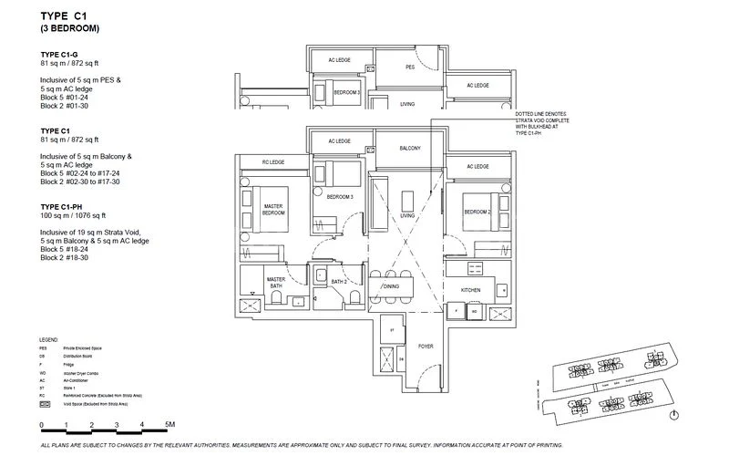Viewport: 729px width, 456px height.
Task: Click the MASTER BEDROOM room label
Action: [x=273, y=211]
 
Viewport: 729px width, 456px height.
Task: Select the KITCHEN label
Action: [x=471, y=289]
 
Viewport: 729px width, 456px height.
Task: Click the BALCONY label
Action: [x=409, y=148]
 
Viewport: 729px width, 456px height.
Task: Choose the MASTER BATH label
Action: [x=276, y=283]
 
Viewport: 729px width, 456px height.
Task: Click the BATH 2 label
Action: [x=338, y=282]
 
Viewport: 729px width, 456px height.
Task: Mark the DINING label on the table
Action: [x=391, y=287]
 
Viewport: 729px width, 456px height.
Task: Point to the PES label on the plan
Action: [x=410, y=67]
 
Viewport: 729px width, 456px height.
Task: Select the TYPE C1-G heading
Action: [x=62, y=55]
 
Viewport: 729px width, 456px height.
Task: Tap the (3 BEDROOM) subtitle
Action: [x=69, y=29]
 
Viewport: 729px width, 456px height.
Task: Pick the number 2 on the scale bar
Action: [x=92, y=425]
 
